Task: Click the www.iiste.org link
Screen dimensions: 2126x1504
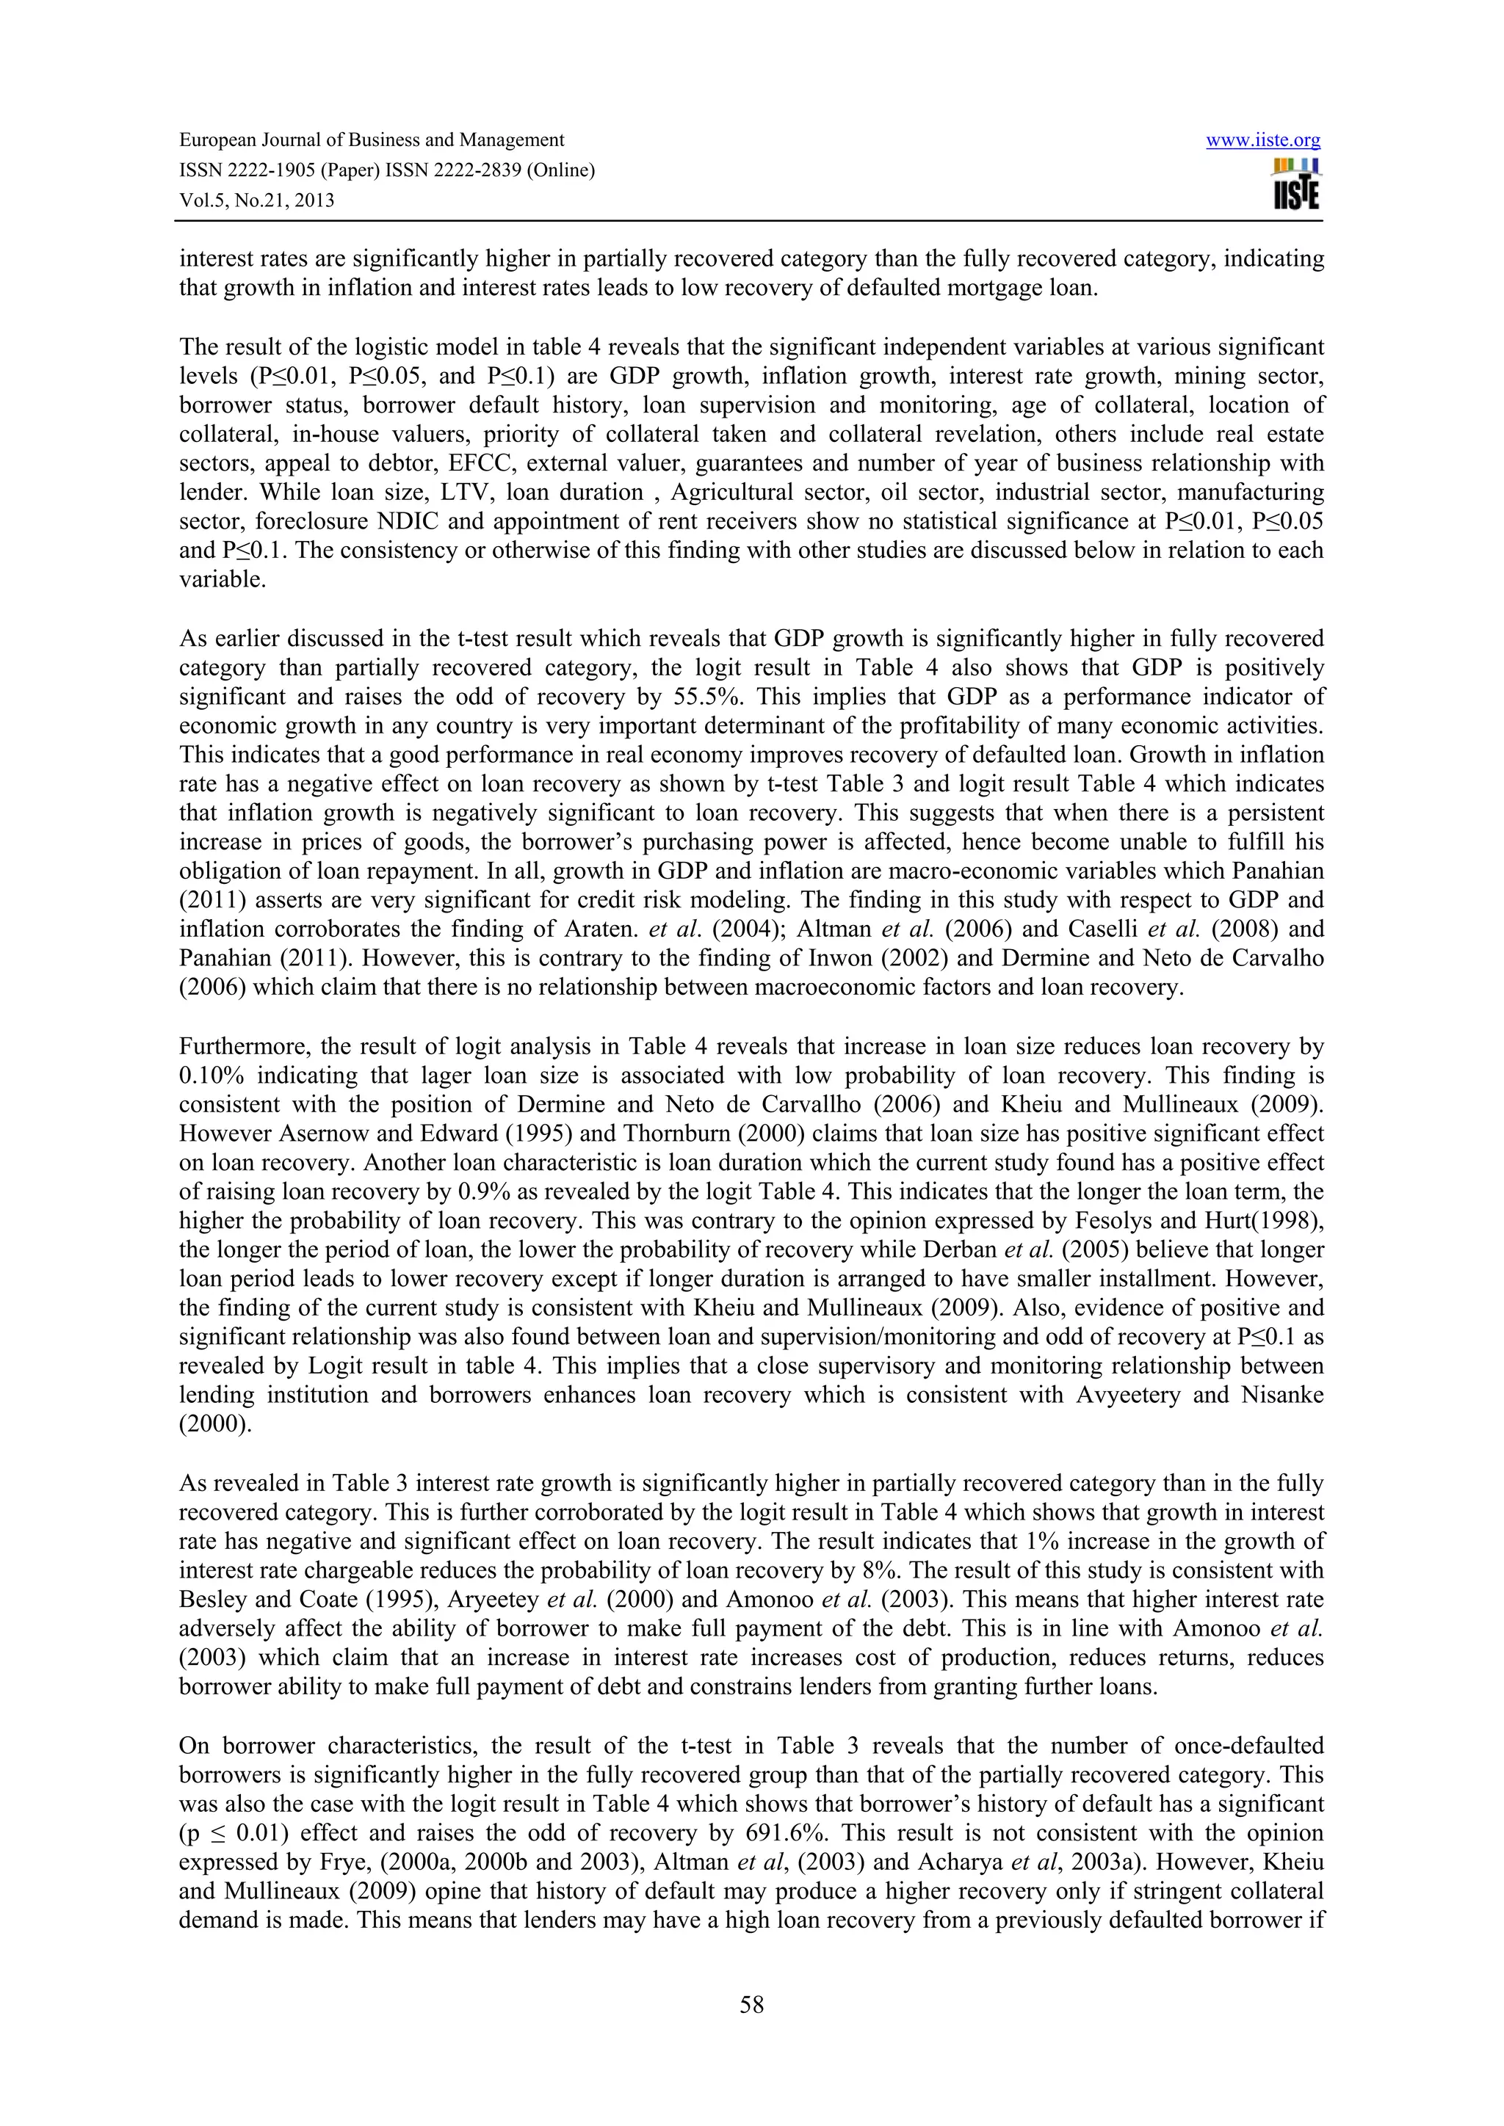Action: click(1262, 141)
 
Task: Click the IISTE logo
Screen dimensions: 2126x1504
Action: click(1295, 184)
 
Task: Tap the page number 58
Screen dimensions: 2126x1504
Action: click(751, 2005)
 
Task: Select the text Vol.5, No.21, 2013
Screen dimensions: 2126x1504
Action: click(256, 200)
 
